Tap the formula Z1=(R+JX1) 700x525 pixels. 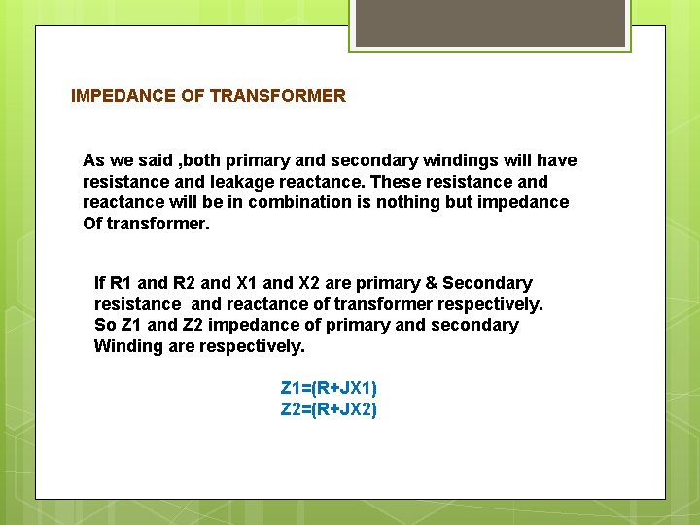pos(329,389)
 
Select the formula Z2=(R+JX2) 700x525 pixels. pos(329,409)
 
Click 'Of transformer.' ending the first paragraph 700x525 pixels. pos(146,224)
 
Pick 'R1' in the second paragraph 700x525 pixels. pos(121,283)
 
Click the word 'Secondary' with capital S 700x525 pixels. pos(487,283)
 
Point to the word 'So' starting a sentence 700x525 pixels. pos(104,325)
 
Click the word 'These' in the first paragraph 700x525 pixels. pos(392,182)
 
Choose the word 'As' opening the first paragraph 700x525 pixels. pos(93,160)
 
